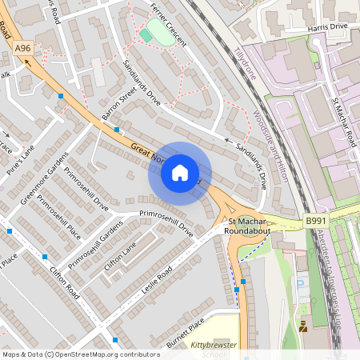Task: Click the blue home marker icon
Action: pos(180,173)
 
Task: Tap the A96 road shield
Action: pos(23,49)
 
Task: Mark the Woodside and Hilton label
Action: pos(270,145)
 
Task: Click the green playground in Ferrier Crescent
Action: pos(146,36)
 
